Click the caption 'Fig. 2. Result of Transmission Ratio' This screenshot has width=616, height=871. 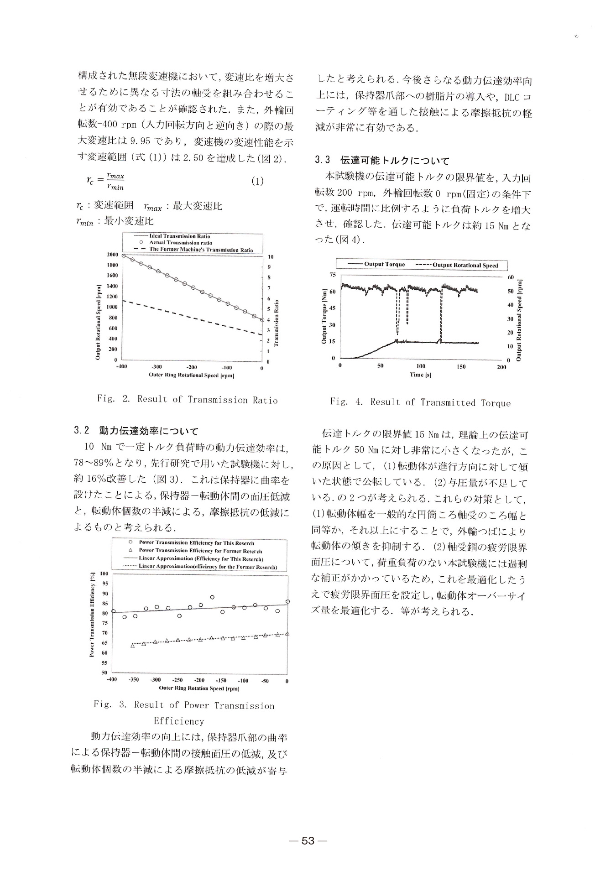187,400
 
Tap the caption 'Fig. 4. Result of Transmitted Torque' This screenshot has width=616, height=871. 420,402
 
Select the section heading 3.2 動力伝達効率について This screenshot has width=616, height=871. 136,431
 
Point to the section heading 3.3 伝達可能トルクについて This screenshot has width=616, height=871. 381,161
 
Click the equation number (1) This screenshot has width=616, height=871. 257,181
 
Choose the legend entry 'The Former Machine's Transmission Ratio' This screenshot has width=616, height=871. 201,250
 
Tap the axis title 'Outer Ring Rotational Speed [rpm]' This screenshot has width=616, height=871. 192,376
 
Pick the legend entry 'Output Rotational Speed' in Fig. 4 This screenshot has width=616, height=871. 465,265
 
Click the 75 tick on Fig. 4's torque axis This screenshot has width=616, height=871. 332,275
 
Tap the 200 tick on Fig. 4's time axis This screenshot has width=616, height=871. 501,366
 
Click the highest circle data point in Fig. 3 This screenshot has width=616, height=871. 212,597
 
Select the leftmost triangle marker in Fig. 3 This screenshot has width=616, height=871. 133,645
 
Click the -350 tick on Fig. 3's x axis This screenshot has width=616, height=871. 134,680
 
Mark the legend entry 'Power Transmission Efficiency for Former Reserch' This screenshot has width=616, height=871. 200,551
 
